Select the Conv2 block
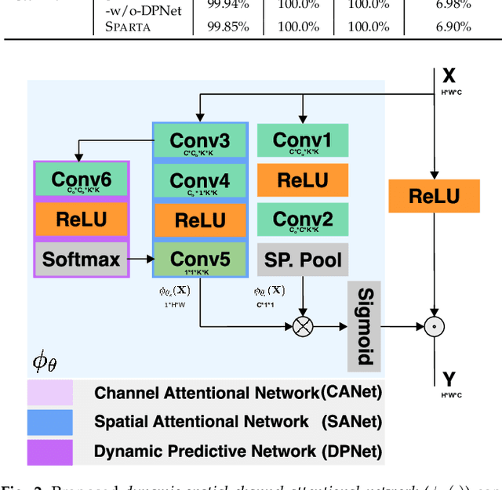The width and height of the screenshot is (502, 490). pos(302,220)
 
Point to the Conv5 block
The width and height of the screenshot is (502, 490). pos(199,260)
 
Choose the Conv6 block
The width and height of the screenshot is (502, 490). pos(82,181)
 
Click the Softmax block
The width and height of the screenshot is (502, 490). pos(82,259)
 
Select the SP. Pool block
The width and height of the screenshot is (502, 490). pos(302,259)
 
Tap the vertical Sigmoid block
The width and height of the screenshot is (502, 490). pos(364,326)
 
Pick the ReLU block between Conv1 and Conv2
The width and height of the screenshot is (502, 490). pos(302,180)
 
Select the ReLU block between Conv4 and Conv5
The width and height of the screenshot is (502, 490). pos(199,220)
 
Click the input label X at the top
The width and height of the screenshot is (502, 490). pos(448,75)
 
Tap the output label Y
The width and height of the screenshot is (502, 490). pos(448,379)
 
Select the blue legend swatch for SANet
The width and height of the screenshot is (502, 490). pos(50,422)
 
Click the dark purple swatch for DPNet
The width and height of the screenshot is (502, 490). pos(50,451)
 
